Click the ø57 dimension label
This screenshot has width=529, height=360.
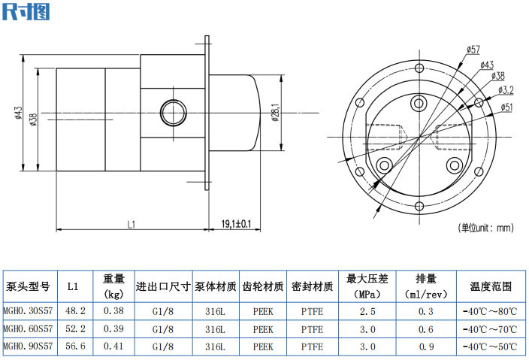point(473,50)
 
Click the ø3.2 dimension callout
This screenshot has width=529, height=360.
point(506,90)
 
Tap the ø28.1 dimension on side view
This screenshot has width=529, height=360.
point(276,113)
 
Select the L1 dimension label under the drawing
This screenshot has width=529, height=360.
point(130,223)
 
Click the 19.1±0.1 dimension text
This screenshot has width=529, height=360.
point(236,223)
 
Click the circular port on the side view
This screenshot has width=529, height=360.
point(174,109)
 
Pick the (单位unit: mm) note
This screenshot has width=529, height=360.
point(485,228)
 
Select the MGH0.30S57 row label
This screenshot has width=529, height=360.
point(29,310)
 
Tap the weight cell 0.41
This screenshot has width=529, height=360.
point(113,346)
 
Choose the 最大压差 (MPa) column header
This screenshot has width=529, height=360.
point(367,286)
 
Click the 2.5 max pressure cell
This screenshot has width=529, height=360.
point(367,310)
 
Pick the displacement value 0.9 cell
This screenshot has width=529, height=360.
point(426,346)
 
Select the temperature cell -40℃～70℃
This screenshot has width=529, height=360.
point(490,328)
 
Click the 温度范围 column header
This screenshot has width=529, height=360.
point(491,286)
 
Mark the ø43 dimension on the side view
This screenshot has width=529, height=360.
point(17,113)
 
